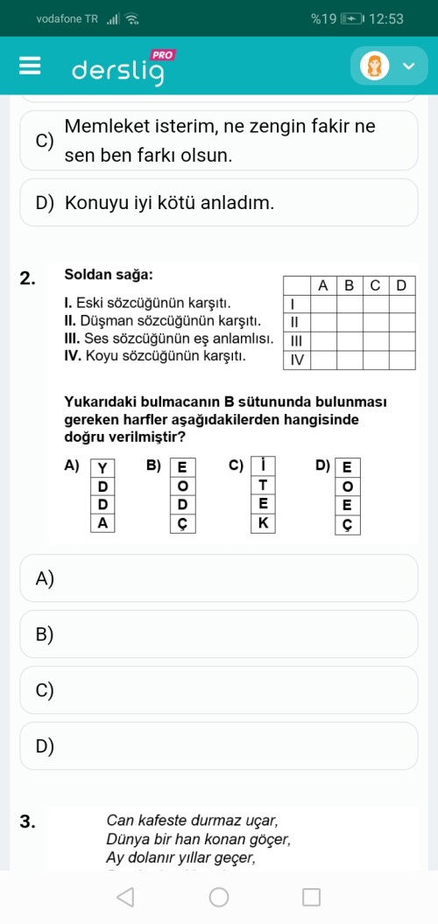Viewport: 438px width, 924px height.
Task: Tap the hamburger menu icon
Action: pyautogui.click(x=30, y=66)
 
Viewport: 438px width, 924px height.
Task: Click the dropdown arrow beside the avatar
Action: pyautogui.click(x=408, y=66)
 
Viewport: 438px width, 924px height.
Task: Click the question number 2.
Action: pyautogui.click(x=27, y=279)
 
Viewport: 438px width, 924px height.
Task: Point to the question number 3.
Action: pyautogui.click(x=27, y=821)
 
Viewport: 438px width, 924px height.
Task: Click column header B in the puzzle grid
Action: pyautogui.click(x=349, y=285)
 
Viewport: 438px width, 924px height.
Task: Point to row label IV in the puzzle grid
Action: pyautogui.click(x=297, y=360)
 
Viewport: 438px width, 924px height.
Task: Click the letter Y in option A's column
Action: pyautogui.click(x=103, y=468)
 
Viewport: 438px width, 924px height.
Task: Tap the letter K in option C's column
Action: pyautogui.click(x=264, y=523)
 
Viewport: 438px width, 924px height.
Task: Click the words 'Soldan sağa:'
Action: pyautogui.click(x=109, y=275)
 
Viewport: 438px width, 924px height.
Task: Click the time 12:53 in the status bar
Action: pyautogui.click(x=387, y=18)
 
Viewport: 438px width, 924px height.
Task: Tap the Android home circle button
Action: pyautogui.click(x=219, y=897)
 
